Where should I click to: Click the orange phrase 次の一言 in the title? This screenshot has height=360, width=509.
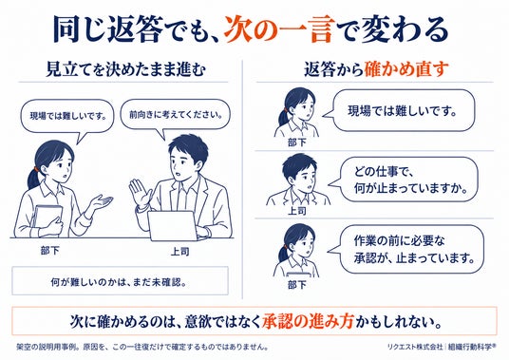[278, 29]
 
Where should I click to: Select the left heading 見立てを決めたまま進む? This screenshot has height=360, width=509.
[125, 69]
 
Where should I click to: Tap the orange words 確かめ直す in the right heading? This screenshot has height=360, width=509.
[406, 69]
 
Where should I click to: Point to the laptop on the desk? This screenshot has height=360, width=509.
[172, 226]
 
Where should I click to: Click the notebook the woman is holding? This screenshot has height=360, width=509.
[48, 218]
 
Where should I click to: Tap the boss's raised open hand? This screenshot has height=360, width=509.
[141, 192]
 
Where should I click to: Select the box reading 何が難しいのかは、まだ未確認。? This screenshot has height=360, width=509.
[120, 281]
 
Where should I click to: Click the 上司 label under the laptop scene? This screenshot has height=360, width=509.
[179, 252]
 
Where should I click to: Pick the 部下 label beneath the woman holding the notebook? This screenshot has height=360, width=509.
[50, 251]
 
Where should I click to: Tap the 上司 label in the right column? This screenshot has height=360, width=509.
[297, 211]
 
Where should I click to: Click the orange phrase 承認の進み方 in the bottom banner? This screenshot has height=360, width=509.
[308, 321]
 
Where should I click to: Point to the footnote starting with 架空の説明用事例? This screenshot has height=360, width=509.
[142, 347]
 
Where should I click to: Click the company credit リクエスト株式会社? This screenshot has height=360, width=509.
[415, 347]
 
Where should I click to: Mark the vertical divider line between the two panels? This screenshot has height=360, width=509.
[242, 180]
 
